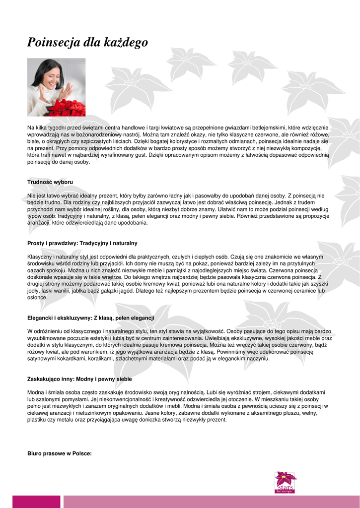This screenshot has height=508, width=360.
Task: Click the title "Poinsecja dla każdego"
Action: coord(87,43)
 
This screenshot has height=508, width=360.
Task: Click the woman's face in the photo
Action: coord(50,76)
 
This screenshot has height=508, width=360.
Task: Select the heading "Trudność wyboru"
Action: coord(50,183)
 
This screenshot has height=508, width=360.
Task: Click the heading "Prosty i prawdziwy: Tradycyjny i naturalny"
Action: coord(82,243)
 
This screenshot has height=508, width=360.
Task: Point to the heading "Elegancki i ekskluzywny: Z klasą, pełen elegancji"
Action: coord(90,317)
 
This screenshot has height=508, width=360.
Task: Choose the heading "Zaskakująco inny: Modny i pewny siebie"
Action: coord(79,379)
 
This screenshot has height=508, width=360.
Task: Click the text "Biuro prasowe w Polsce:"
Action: coord(59,453)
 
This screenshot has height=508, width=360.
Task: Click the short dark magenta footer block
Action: coord(43,502)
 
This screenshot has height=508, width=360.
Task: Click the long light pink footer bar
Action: coord(211,502)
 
